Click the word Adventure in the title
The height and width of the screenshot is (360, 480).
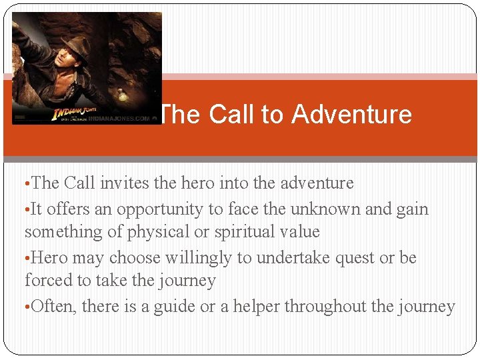coord(351,115)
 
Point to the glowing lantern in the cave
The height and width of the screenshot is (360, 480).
coord(122,94)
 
